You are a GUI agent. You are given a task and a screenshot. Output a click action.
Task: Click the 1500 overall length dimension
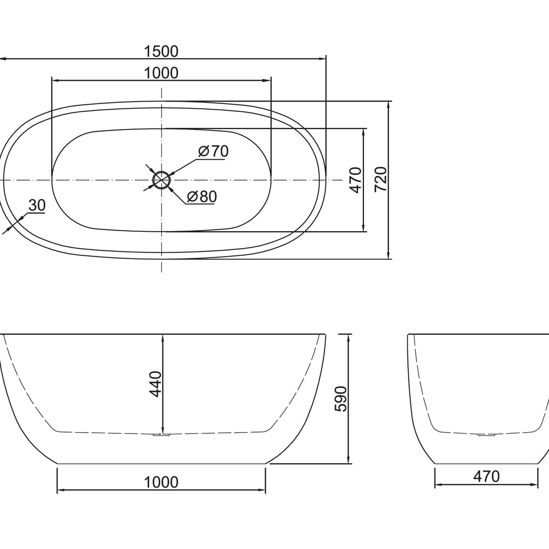pos(161,51)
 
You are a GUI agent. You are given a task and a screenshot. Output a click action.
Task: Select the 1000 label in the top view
pos(161,73)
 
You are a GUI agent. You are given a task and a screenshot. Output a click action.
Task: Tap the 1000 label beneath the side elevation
pos(161,482)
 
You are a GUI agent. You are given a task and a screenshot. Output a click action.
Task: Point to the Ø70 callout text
pos(213,151)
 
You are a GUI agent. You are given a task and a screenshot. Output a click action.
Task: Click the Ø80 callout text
pos(201,197)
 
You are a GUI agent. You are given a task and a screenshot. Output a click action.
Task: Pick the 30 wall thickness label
pos(36,205)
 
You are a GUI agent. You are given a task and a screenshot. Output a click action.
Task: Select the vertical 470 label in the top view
pos(355,180)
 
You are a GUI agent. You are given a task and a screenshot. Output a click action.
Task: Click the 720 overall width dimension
pos(381,180)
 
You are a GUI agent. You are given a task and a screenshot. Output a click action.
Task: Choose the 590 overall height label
pos(340,399)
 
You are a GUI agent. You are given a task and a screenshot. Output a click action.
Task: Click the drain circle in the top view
pos(161,180)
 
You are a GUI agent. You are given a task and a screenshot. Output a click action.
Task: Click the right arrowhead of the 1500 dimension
pos(322,58)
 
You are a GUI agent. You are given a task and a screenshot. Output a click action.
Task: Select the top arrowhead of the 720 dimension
pos(389,104)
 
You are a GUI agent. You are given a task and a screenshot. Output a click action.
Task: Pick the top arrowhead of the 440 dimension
pos(163,337)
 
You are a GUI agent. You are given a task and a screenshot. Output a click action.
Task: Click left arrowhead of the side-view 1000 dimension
pos(60,489)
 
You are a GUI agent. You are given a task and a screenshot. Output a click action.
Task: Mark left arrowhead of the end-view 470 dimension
pos(438,485)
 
